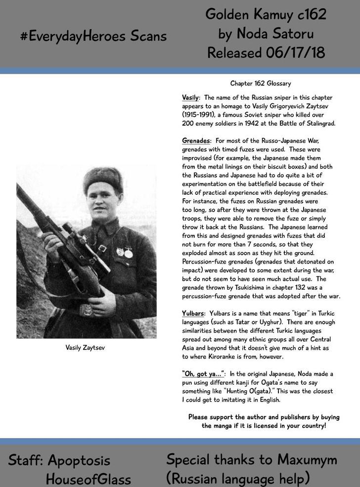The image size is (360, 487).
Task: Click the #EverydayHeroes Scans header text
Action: [x=93, y=36]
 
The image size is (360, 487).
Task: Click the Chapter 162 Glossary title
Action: [x=261, y=84]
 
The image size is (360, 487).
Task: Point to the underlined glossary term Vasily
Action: [x=190, y=98]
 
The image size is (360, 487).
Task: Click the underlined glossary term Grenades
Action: [x=195, y=141]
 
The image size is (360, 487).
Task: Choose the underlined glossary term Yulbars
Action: [x=193, y=313]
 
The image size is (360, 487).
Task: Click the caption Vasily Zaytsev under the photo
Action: [x=85, y=348]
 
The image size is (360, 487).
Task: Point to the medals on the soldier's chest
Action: [x=125, y=252]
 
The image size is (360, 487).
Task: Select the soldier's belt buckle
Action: [x=87, y=310]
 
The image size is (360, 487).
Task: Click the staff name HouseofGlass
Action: [x=89, y=479]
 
